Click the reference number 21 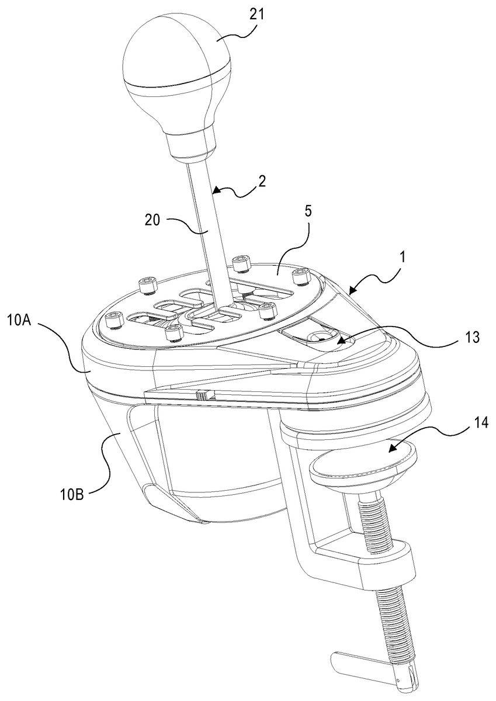pos(256,15)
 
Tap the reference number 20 pos(152,220)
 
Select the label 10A pos(19,321)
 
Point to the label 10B pos(71,495)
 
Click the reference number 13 pos(471,338)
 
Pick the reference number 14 pos(480,423)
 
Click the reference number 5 pos(308,211)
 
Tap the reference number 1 pos(403,257)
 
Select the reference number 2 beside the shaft pos(262,181)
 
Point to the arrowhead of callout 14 pos(392,449)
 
